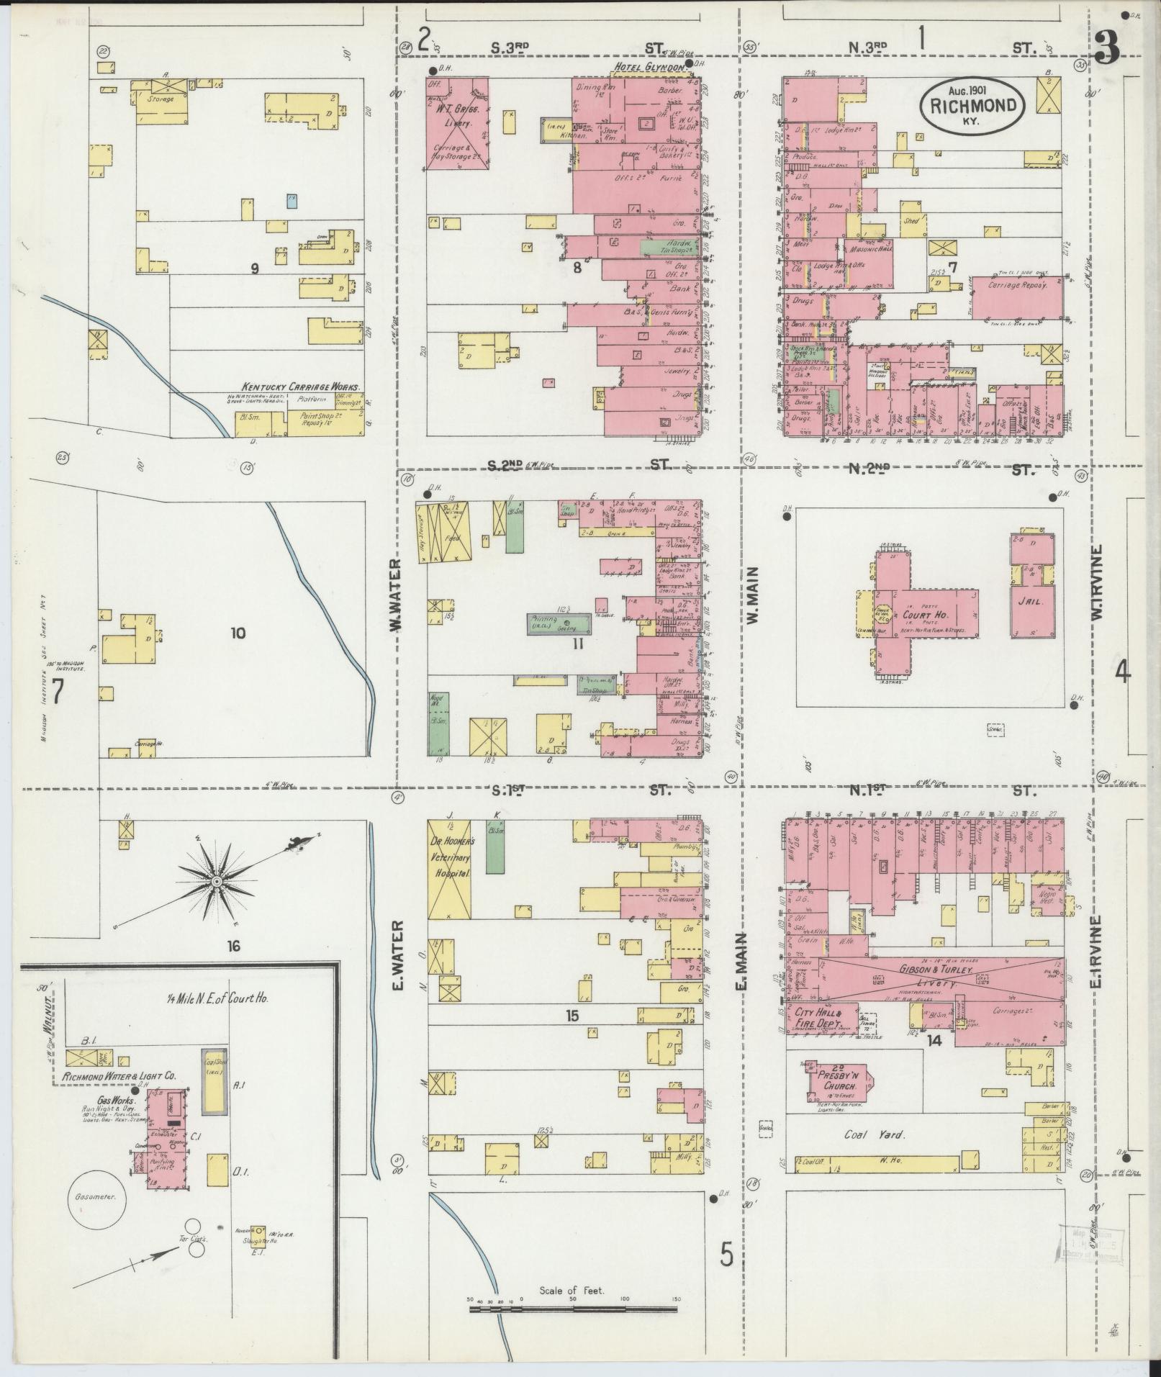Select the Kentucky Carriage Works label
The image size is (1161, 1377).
pos(300,387)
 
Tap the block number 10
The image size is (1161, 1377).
pos(238,633)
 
